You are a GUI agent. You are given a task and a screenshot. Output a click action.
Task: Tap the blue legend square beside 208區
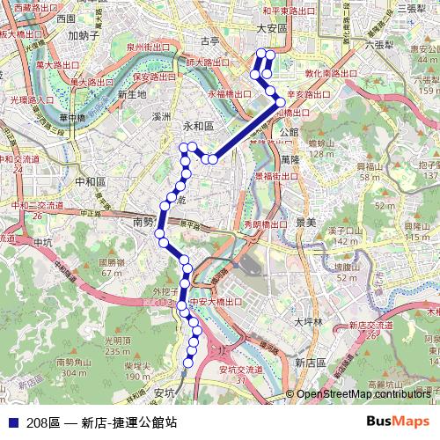(12, 422)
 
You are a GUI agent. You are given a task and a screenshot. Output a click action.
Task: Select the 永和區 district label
(198, 127)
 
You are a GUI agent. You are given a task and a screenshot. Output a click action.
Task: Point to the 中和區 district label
(91, 181)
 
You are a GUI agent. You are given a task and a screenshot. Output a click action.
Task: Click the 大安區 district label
(272, 28)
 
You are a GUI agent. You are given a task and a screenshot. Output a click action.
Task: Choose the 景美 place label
(305, 223)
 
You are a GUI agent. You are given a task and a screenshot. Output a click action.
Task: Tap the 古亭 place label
(209, 41)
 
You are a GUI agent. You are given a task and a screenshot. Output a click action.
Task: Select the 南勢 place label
(143, 224)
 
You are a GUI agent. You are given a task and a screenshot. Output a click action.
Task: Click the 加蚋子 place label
(83, 37)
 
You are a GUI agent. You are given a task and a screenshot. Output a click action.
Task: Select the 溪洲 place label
(161, 116)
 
